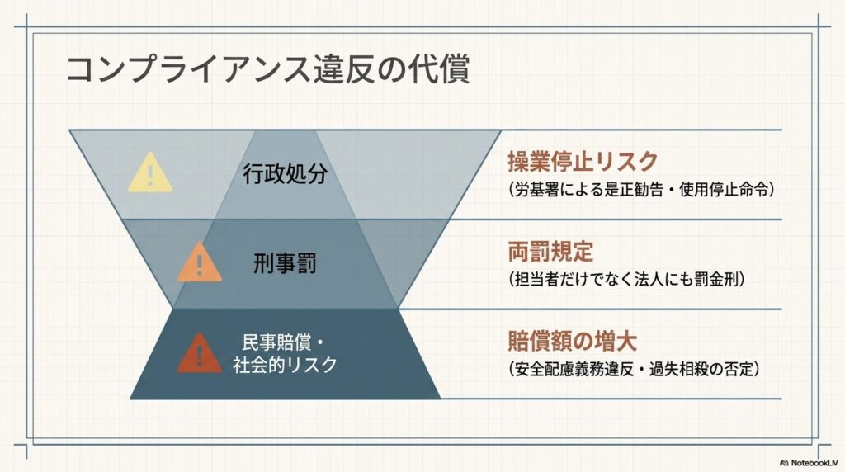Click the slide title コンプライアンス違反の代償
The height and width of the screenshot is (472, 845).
(268, 68)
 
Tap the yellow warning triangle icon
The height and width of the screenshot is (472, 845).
(150, 173)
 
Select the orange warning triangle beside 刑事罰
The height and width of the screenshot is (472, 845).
(200, 262)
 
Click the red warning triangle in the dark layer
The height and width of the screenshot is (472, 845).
(200, 353)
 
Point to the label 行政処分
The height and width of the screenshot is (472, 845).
(285, 173)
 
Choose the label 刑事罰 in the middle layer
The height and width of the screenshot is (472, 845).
(285, 263)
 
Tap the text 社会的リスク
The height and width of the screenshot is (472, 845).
(285, 365)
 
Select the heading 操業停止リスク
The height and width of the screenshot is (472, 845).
(583, 161)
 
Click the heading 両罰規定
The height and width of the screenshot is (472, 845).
(550, 251)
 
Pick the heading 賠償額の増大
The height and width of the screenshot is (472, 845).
(573, 341)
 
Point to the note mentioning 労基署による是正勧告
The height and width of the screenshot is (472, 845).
(641, 190)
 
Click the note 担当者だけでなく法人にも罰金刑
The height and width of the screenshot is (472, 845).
(627, 279)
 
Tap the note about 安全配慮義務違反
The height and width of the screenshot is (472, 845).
(634, 369)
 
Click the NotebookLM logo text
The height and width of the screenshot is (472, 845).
(814, 463)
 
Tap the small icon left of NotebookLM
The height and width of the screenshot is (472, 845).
(784, 463)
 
